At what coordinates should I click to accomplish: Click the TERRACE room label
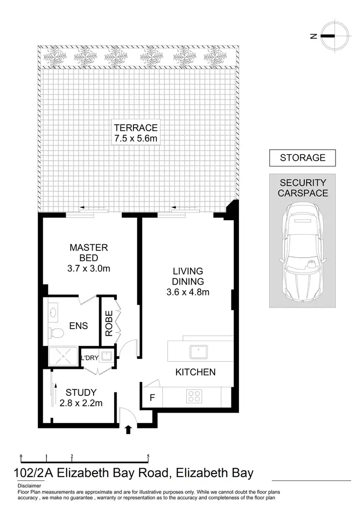pos(136,128)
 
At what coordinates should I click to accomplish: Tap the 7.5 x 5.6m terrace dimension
pos(136,139)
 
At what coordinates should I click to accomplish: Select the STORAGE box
pos(302,157)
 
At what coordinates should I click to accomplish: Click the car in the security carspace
pos(302,251)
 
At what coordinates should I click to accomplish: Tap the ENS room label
pos(79,326)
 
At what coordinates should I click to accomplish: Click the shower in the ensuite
pos(62,356)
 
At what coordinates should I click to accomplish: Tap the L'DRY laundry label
pos(90,358)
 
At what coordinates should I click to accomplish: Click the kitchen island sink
pos(198,352)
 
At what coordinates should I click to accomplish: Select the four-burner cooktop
pos(194,396)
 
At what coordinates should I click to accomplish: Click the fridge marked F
pos(152,398)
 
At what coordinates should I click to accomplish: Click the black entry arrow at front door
pos(128,429)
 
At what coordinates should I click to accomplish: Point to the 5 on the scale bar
pos(148,456)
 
